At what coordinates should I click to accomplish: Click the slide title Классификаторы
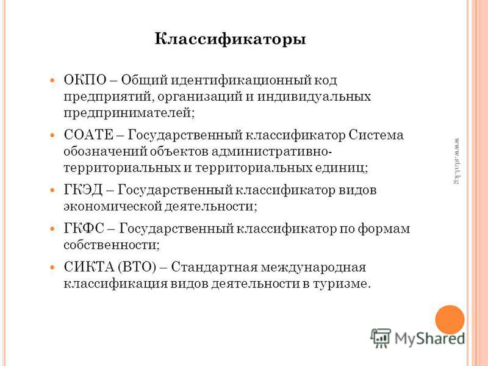(x=231, y=40)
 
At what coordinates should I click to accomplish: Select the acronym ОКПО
(x=85, y=80)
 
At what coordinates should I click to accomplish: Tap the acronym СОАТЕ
(x=88, y=135)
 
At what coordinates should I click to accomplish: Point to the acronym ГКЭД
(x=83, y=190)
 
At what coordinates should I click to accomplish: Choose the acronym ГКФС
(x=84, y=229)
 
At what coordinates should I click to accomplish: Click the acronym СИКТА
(x=89, y=267)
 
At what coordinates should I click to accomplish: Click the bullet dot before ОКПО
(x=52, y=81)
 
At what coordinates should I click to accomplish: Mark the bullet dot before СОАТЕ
(x=52, y=135)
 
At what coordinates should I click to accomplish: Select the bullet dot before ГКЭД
(x=52, y=190)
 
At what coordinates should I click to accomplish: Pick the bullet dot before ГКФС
(x=52, y=229)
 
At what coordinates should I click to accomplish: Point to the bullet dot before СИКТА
(x=52, y=268)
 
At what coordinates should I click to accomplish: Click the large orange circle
(x=450, y=320)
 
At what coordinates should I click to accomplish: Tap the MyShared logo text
(x=430, y=339)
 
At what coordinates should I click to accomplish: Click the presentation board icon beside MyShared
(x=381, y=338)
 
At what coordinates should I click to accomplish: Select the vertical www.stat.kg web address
(x=456, y=161)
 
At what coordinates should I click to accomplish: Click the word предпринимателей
(x=129, y=113)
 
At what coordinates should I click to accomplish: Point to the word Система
(x=376, y=135)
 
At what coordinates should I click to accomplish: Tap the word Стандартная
(x=215, y=267)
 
